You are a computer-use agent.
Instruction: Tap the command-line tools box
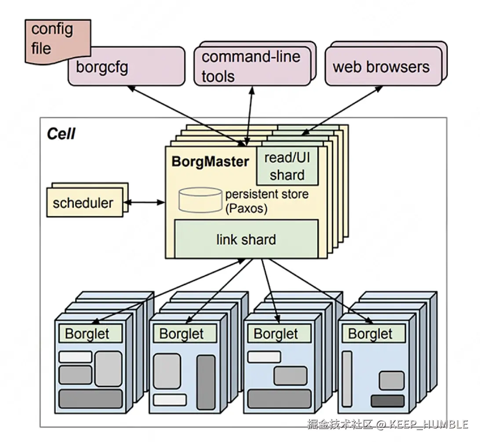pos(252,66)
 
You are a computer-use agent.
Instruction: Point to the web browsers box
pos(382,67)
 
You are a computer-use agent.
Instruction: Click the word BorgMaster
pos(210,161)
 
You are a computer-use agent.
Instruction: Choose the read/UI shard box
pos(287,167)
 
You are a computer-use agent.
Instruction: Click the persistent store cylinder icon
pos(200,199)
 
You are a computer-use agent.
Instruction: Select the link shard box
pos(246,239)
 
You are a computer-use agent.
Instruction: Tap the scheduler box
pos(83,203)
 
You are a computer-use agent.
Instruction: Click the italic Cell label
pos(61,134)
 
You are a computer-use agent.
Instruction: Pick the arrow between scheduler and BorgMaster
pos(144,203)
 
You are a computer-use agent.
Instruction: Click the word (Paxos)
pos(246,208)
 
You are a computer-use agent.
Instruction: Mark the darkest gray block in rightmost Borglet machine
pos(387,401)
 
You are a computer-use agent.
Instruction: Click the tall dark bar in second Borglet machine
pos(206,382)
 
